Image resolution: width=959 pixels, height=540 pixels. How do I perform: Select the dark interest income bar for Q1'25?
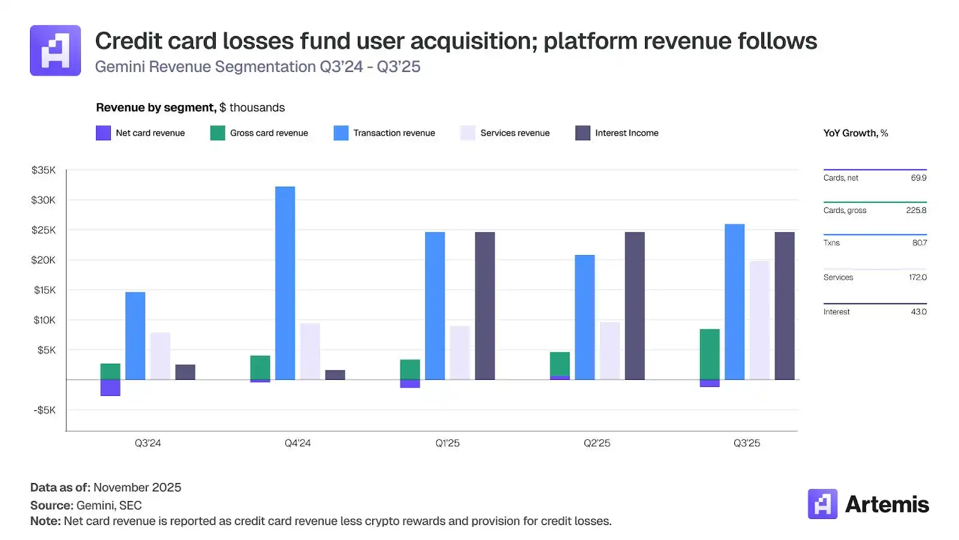click(485, 306)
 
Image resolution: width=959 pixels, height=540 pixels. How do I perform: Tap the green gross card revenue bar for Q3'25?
click(710, 354)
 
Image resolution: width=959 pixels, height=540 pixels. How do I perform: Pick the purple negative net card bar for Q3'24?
click(110, 388)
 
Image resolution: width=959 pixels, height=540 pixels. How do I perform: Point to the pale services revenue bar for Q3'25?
click(759, 320)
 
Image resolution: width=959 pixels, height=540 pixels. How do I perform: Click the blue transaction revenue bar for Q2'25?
click(584, 317)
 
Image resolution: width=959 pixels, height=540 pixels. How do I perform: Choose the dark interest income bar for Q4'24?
click(335, 375)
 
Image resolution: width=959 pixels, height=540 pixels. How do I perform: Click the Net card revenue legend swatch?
click(103, 133)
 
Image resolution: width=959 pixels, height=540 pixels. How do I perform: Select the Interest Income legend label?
click(626, 133)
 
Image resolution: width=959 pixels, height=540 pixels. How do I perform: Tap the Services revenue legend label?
click(515, 133)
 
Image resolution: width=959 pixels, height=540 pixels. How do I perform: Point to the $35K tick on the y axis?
click(44, 170)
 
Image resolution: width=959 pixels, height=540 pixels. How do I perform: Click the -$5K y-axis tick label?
click(44, 410)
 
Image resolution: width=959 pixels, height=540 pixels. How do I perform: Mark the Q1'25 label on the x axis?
click(447, 443)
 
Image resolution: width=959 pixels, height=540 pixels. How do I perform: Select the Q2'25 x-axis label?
click(597, 443)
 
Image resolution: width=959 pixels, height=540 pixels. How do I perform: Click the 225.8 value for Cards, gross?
click(916, 211)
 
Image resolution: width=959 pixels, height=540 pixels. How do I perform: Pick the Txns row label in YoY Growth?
click(831, 243)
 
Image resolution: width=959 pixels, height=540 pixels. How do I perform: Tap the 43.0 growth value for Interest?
click(918, 312)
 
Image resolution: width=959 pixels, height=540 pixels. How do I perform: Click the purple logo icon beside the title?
click(55, 50)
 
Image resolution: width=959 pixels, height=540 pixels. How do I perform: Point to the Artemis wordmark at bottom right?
click(886, 505)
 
